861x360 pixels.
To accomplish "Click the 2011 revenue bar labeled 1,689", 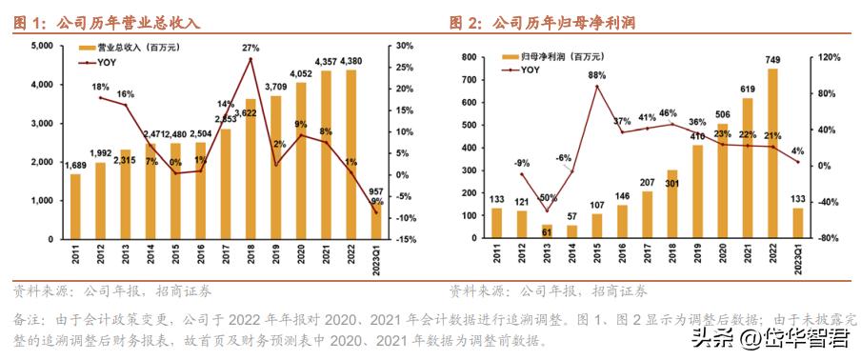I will (x=75, y=206).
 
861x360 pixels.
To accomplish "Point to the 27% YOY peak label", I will (x=250, y=48).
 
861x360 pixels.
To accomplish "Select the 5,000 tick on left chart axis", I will (x=39, y=46).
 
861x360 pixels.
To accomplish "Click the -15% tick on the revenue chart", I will (x=404, y=239).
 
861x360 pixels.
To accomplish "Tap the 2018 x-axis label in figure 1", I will (x=250, y=256).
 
